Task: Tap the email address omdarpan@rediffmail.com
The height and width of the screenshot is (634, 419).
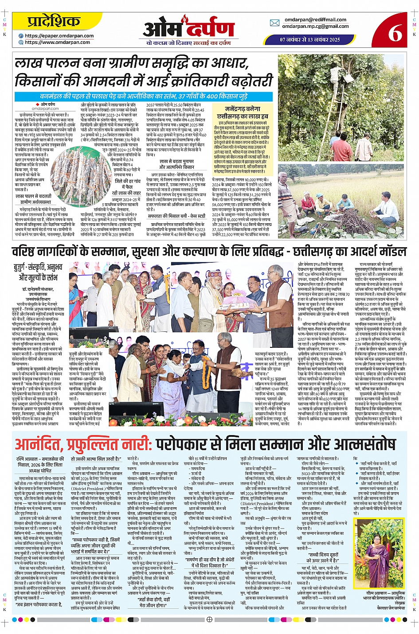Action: point(315,20)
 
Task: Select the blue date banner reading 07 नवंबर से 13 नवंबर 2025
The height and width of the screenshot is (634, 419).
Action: point(310,39)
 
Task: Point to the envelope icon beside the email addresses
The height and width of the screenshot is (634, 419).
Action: point(274,23)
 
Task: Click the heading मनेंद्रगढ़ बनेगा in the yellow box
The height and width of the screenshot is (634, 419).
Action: point(242,109)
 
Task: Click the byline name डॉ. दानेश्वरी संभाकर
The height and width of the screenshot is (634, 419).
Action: point(38,289)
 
